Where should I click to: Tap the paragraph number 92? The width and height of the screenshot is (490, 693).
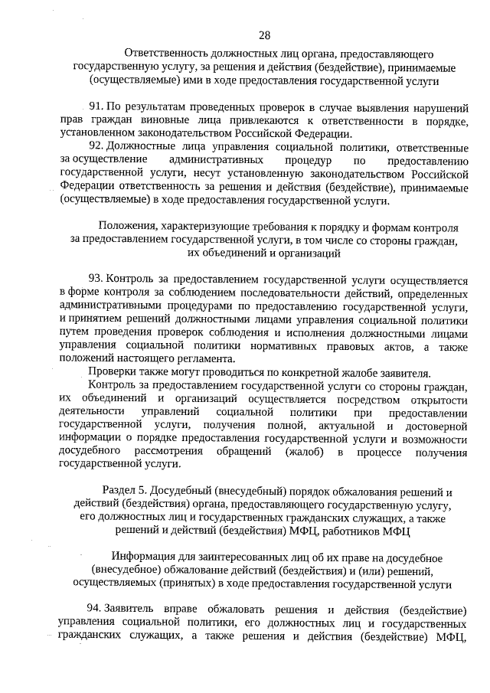tap(97, 147)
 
